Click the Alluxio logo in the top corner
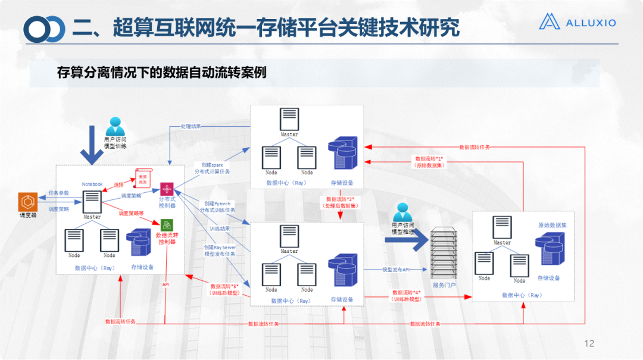coord(577,22)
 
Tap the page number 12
coord(589,343)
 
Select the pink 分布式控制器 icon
coord(166,190)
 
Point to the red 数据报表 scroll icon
coord(143,177)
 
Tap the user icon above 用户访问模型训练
coord(114,126)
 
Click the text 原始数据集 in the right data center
coord(552,226)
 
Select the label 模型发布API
coord(396,270)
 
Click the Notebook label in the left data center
coord(92,184)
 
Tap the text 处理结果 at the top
coord(191,127)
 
